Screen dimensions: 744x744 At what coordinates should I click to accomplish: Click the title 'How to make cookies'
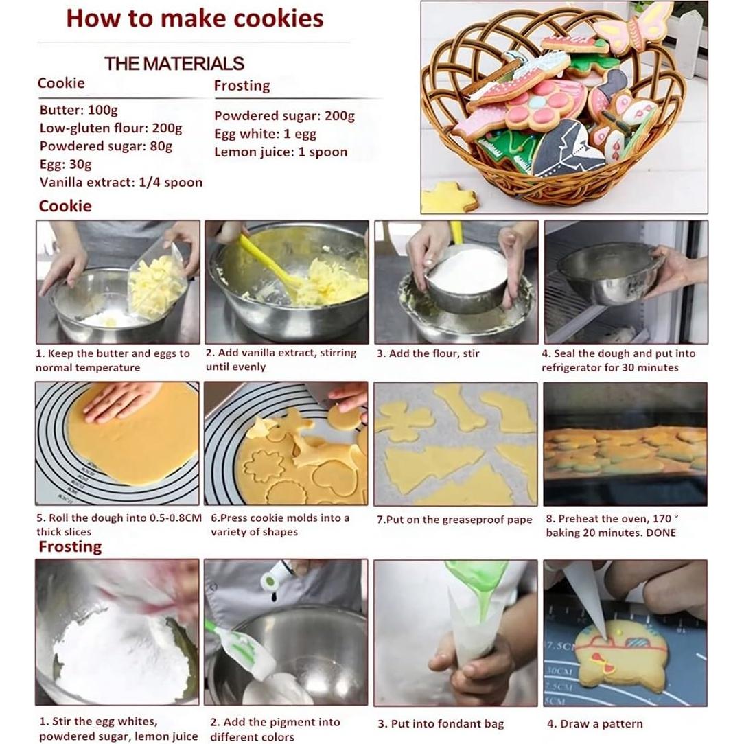click(194, 19)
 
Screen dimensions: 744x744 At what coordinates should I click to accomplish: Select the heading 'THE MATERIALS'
click(174, 64)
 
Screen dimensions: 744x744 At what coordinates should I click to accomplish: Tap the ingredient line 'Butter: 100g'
click(78, 110)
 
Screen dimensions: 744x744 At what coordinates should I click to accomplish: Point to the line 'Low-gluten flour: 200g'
click(111, 128)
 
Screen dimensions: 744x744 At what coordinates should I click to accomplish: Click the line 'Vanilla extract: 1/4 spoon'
click(121, 182)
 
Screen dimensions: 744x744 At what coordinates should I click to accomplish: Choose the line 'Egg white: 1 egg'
click(265, 134)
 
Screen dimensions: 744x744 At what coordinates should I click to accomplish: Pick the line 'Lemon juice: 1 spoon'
click(281, 152)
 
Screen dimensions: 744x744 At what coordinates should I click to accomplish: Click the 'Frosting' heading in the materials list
click(242, 86)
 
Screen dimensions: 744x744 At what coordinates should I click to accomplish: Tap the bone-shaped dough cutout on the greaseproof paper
click(461, 406)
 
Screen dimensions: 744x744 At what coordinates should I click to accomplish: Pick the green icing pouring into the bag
click(480, 583)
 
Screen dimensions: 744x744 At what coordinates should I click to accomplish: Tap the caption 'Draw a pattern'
click(594, 723)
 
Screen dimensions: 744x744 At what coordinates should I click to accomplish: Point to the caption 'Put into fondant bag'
click(440, 723)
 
